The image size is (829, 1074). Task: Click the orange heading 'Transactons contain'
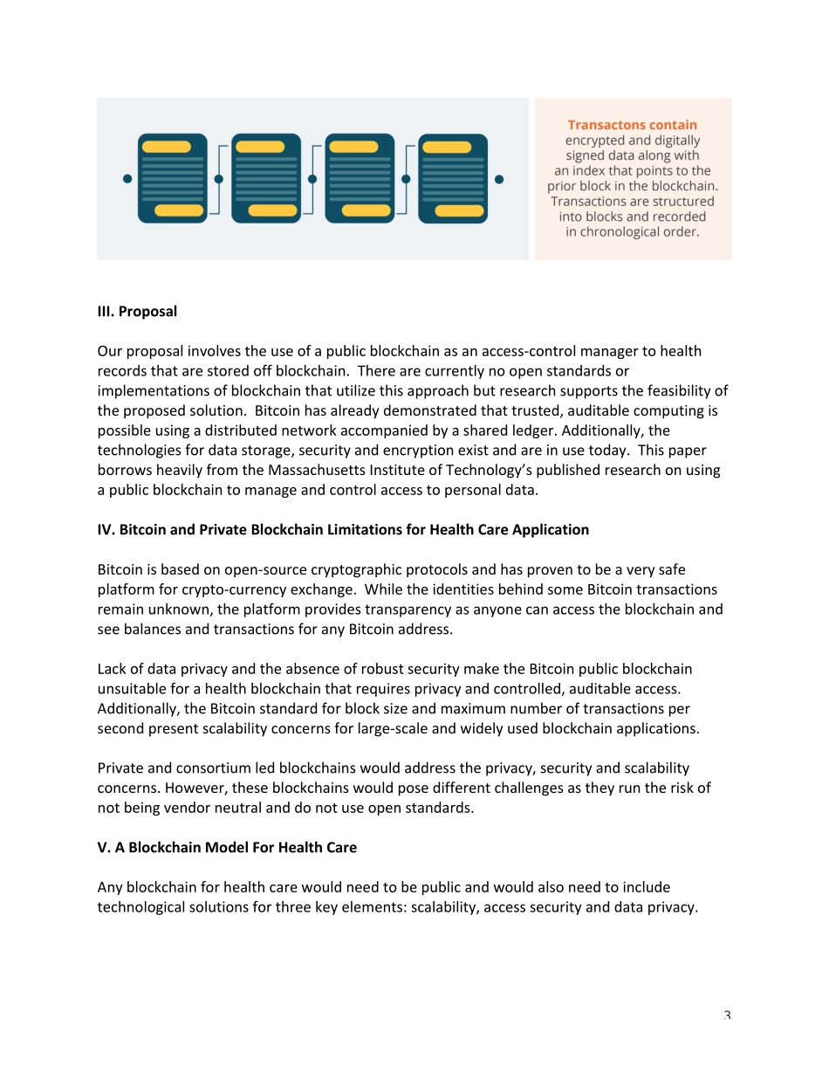633,125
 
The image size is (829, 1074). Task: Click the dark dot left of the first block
127,179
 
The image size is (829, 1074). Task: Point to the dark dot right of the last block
499,179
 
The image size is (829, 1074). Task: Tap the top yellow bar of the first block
166,147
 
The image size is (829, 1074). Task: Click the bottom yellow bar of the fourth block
459,210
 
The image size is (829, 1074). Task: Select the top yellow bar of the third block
353,147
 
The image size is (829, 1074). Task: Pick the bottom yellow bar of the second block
272,210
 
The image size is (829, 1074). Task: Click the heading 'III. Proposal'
137,312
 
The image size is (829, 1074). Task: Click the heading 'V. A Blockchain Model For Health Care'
227,847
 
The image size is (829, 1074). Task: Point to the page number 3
727,1015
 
